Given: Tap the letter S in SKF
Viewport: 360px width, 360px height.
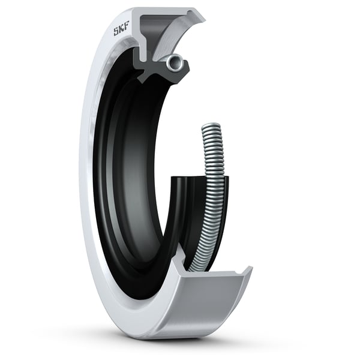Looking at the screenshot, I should point(116,32).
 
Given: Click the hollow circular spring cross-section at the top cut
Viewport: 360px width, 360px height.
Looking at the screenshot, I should point(176,61).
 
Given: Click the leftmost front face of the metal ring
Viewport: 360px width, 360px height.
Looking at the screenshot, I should point(84,180).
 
